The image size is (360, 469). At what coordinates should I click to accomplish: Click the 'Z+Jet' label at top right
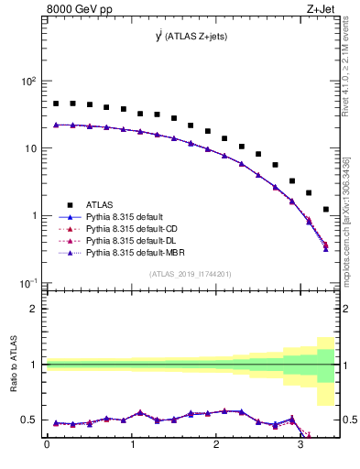pyautogui.click(x=321, y=10)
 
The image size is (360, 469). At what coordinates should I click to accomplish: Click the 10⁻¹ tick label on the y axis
pyautogui.click(x=26, y=283)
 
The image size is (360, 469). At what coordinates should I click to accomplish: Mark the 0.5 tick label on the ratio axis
pyautogui.click(x=30, y=420)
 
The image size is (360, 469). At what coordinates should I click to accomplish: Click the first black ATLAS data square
pyautogui.click(x=56, y=104)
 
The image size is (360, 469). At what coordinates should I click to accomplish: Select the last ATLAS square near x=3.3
pyautogui.click(x=326, y=210)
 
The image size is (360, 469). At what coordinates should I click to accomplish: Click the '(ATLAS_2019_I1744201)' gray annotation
pyautogui.click(x=191, y=274)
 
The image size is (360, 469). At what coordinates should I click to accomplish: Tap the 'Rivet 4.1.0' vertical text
pyautogui.click(x=347, y=64)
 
